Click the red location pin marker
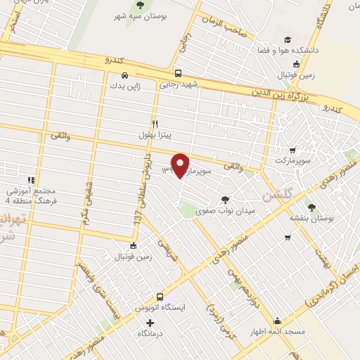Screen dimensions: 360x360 click(181, 165)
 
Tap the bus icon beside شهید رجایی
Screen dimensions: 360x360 click(178, 73)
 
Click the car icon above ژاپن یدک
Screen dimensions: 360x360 click(124, 75)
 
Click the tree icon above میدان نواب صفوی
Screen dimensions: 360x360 click(225, 180)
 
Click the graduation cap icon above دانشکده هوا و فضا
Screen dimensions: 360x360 click(287, 40)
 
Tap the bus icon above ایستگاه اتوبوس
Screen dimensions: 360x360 click(160, 297)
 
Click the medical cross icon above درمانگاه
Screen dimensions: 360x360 click(149, 322)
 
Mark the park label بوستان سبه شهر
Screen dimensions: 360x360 click(140, 15)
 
